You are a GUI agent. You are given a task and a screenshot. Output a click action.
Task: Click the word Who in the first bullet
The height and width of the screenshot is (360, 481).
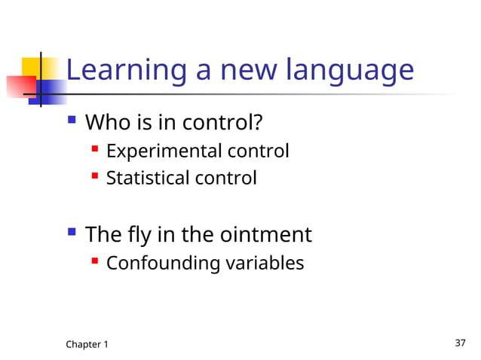(106, 121)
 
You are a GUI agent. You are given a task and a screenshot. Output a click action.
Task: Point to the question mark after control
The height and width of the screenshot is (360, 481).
(265, 121)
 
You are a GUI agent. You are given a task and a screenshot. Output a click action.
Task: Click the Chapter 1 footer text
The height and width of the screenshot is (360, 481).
(87, 344)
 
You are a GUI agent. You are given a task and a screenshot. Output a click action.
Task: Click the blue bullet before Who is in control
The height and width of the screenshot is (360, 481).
(72, 119)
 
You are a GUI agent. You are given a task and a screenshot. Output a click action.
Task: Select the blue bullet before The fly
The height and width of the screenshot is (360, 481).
(72, 233)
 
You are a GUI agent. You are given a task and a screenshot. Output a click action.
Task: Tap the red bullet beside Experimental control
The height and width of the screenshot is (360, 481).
(94, 150)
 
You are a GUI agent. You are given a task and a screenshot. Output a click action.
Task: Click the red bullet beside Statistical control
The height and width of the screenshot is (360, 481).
(94, 177)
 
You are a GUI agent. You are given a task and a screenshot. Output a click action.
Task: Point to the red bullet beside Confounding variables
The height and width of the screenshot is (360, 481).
(94, 261)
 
